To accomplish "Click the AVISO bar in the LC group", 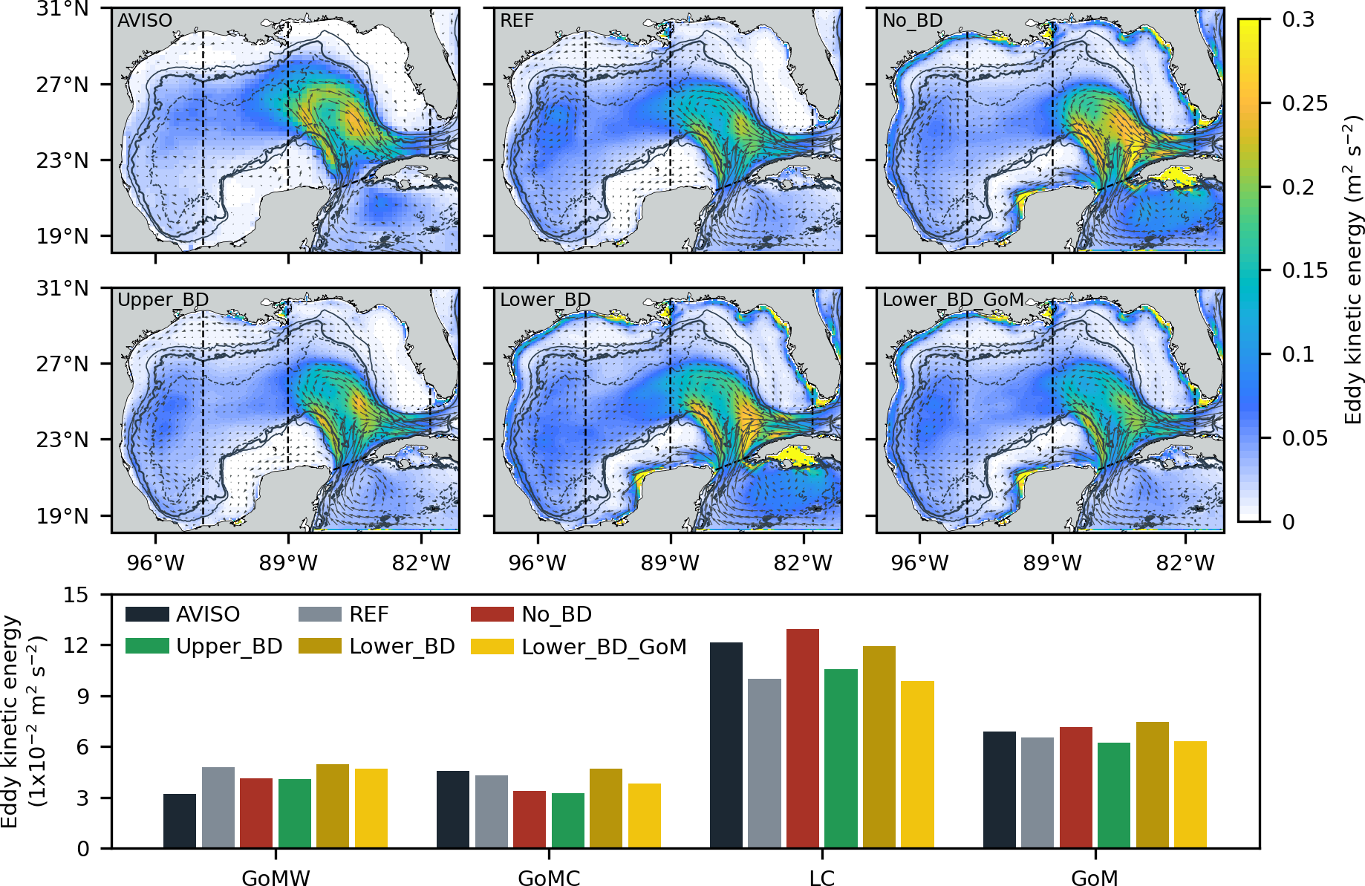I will tap(726, 745).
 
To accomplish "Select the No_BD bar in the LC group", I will tap(802, 738).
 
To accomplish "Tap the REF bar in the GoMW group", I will tap(218, 807).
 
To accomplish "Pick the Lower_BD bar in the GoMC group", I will tap(606, 808).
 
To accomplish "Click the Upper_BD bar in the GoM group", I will tap(1113, 795).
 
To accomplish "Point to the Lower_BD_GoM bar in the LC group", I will tap(917, 764).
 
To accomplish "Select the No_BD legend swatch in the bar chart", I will tap(492, 614).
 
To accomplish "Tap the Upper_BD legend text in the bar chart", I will tap(229, 646).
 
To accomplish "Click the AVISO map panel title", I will tap(145, 20).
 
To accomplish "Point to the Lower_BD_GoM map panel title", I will tap(953, 299).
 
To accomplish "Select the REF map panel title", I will tap(517, 20).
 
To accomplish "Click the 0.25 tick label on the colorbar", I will tap(1305, 103).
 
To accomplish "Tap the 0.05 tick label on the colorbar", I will tap(1305, 438).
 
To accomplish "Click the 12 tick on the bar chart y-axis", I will tap(77, 645).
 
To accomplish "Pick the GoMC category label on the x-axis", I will tap(549, 877).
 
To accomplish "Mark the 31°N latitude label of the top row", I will tap(62, 10).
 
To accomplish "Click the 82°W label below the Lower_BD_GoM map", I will tap(1185, 563).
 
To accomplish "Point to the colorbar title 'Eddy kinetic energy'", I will tap(1353, 270).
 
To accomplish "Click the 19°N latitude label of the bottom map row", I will tap(62, 515).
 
